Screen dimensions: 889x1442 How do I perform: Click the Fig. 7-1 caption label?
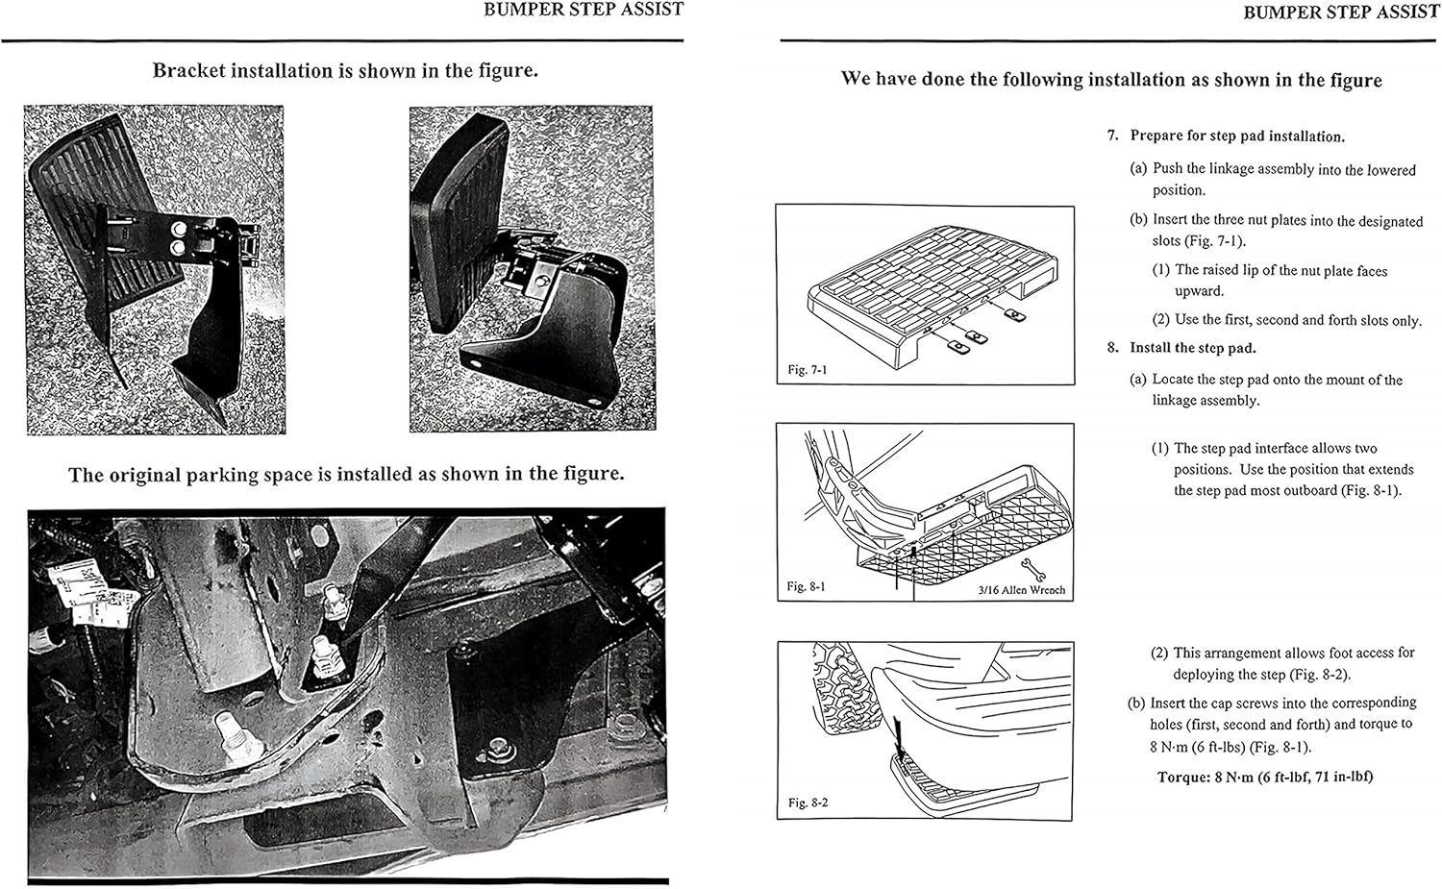pos(807,369)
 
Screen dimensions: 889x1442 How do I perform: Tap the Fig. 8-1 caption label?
pos(806,586)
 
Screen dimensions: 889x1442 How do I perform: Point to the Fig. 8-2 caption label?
pos(807,803)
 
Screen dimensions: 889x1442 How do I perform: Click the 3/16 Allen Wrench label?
pos(1021,590)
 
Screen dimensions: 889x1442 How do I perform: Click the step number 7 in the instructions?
pos(1112,136)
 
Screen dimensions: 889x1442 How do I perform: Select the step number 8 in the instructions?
pos(1112,348)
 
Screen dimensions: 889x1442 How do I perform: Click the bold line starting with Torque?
pos(1264,777)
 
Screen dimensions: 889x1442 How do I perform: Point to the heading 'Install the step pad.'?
pos(1192,348)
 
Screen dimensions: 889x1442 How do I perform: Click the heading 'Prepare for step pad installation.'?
pos(1237,136)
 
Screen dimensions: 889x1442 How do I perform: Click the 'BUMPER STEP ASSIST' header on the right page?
pos(1340,12)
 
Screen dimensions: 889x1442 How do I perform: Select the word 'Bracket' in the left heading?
pos(188,71)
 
